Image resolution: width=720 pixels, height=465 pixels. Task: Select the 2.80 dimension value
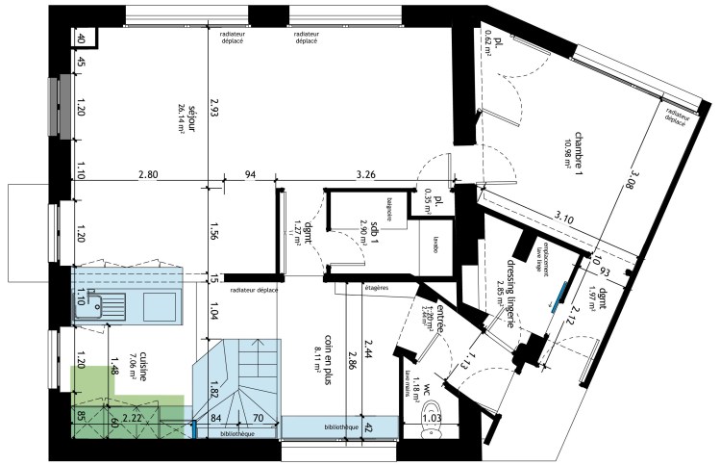point(147,174)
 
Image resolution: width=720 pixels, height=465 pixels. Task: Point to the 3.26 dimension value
point(366,174)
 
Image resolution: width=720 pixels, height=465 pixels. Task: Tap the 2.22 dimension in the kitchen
point(134,418)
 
